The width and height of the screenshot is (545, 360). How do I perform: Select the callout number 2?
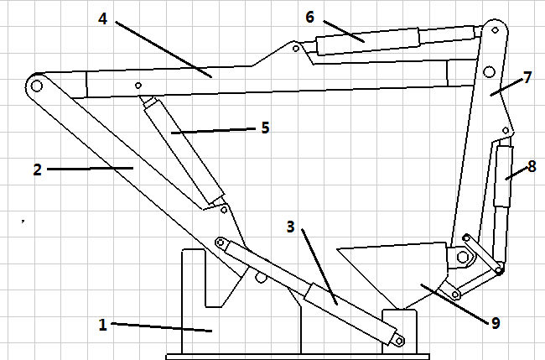[37, 170]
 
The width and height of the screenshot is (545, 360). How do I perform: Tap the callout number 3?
[291, 227]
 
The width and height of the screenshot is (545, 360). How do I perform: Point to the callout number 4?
[103, 17]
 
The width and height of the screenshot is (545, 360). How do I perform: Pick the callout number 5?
[265, 128]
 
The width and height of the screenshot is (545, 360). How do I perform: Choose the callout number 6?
[309, 16]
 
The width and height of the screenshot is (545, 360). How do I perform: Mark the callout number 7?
[527, 77]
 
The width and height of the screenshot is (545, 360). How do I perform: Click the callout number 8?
[531, 165]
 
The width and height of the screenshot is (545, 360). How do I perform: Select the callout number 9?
[495, 322]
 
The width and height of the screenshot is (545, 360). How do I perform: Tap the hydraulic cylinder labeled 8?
[503, 176]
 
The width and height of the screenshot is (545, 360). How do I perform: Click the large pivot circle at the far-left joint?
[35, 85]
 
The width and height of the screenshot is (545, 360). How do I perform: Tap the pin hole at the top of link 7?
[496, 32]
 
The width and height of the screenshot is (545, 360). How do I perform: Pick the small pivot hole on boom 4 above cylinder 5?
[138, 85]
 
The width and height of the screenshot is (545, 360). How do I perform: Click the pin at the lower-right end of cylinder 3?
[399, 341]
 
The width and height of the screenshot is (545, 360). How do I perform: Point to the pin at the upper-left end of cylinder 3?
[222, 243]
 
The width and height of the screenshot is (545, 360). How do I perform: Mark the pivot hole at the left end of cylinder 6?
[295, 49]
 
